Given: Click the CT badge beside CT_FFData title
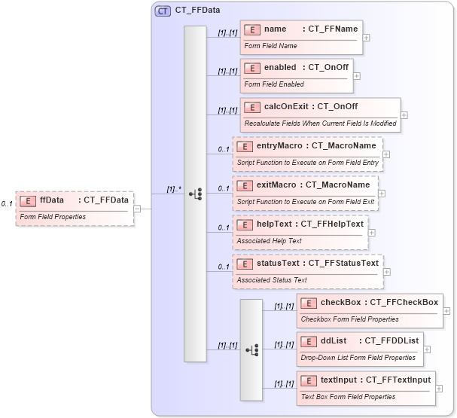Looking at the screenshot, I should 163,11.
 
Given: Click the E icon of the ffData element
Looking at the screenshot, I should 28,200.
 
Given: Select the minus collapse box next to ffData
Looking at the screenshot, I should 137,209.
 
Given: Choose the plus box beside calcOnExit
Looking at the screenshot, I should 404,115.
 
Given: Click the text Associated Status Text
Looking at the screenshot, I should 272,280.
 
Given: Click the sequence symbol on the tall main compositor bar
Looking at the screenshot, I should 195,194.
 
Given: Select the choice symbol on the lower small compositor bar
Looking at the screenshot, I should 251,349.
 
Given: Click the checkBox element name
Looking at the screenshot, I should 340,302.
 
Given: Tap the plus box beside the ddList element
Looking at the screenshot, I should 428,349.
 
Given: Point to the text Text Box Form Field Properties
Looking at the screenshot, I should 348,397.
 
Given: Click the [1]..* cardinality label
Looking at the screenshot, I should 174,189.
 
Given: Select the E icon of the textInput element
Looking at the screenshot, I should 308,380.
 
